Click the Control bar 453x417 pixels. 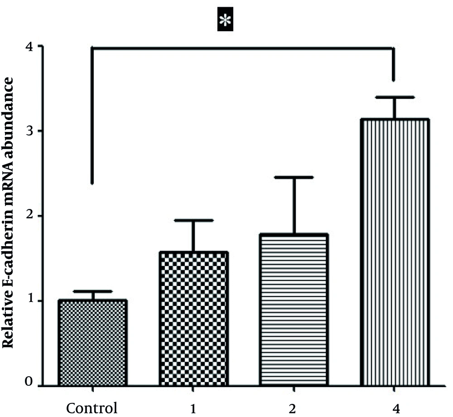click(92, 342)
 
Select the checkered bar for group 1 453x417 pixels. click(193, 319)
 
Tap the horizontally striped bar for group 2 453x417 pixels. click(294, 310)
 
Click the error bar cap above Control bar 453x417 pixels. click(92, 291)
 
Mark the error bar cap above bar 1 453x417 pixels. click(193, 220)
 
